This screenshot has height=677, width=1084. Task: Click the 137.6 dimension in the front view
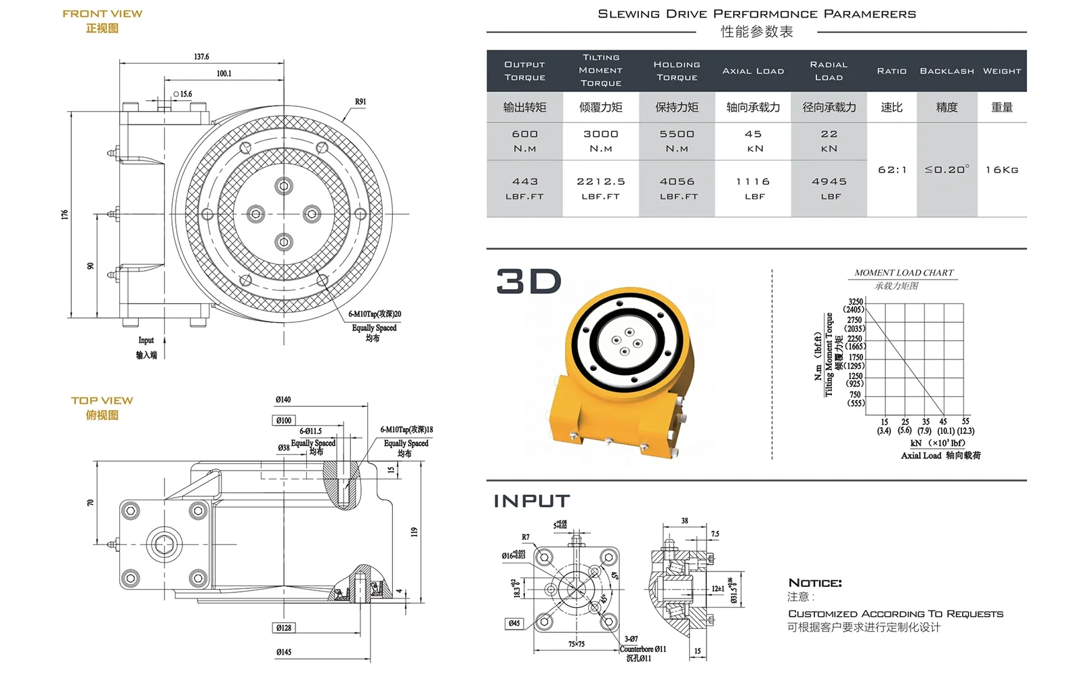point(201,57)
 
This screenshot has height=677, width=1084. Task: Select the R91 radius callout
point(360,102)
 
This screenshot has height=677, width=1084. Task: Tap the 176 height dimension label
point(64,214)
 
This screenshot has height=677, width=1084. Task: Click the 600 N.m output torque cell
point(524,141)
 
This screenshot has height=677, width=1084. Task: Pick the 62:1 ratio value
point(892,170)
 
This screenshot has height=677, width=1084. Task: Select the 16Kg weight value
point(1002,170)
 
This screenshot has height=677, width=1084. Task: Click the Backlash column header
point(946,71)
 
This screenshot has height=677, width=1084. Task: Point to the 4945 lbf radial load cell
point(829,188)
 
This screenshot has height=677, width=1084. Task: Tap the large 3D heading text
point(528,282)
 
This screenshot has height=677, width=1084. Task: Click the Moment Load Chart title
point(904,273)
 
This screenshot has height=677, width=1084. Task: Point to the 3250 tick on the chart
point(856,302)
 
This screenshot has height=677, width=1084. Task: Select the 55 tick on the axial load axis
point(965,421)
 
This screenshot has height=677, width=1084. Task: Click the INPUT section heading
point(532,501)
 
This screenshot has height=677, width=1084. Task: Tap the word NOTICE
point(815,583)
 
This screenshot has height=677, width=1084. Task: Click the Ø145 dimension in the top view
point(284,652)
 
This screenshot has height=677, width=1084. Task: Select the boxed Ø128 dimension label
point(284,628)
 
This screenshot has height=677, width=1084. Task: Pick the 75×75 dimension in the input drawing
point(577,644)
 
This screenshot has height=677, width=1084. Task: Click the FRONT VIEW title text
point(102,14)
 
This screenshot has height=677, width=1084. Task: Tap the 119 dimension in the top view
point(414,532)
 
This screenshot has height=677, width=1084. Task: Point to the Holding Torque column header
point(677,71)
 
